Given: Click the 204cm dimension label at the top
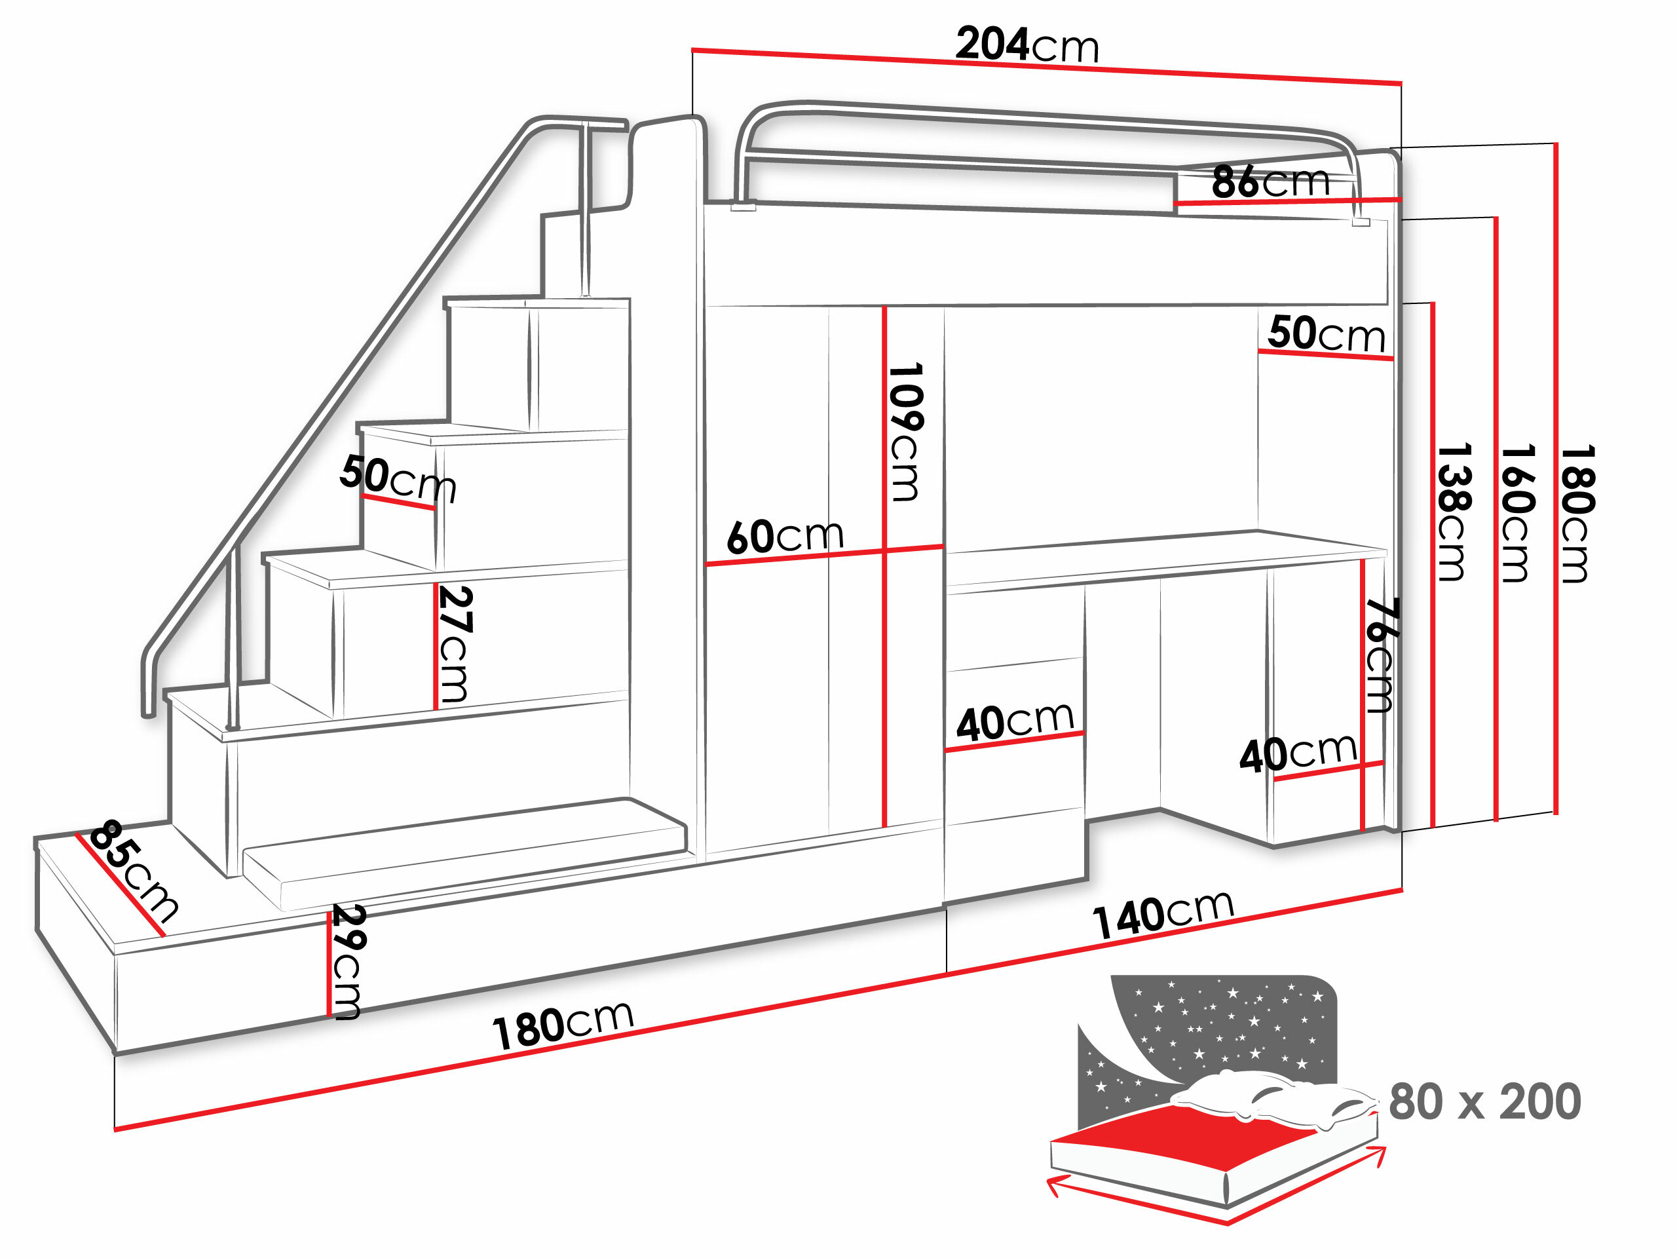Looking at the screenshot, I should (x=1027, y=45).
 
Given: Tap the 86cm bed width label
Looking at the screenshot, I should (x=1271, y=182).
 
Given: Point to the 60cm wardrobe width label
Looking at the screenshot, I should (x=785, y=536).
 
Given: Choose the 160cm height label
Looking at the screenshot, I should (x=1517, y=514).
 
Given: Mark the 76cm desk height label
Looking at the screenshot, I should (x=1380, y=655).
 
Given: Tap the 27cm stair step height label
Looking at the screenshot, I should (x=455, y=644).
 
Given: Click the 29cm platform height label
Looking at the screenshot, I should (x=348, y=961).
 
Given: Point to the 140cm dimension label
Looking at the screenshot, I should (x=1163, y=914).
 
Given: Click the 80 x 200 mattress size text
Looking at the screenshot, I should (x=1484, y=1102).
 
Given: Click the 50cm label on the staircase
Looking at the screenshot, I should (x=398, y=478).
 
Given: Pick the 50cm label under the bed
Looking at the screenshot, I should (x=1327, y=334).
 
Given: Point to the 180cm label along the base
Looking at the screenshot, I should (x=563, y=1025).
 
